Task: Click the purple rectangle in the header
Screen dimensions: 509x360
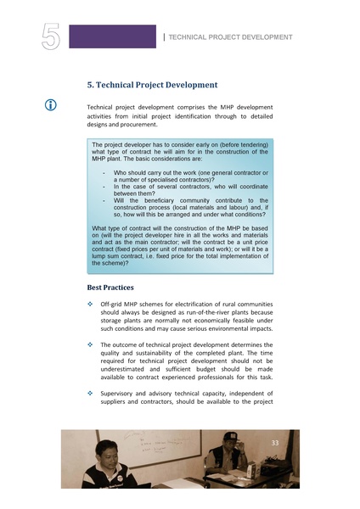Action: (112, 36)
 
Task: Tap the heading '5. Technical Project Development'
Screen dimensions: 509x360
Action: (153, 85)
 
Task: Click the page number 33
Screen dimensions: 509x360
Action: (274, 443)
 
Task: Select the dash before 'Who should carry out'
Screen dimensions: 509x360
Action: (103, 172)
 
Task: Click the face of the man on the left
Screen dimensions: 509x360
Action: (110, 456)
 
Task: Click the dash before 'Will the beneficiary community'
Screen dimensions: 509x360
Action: (103, 200)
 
